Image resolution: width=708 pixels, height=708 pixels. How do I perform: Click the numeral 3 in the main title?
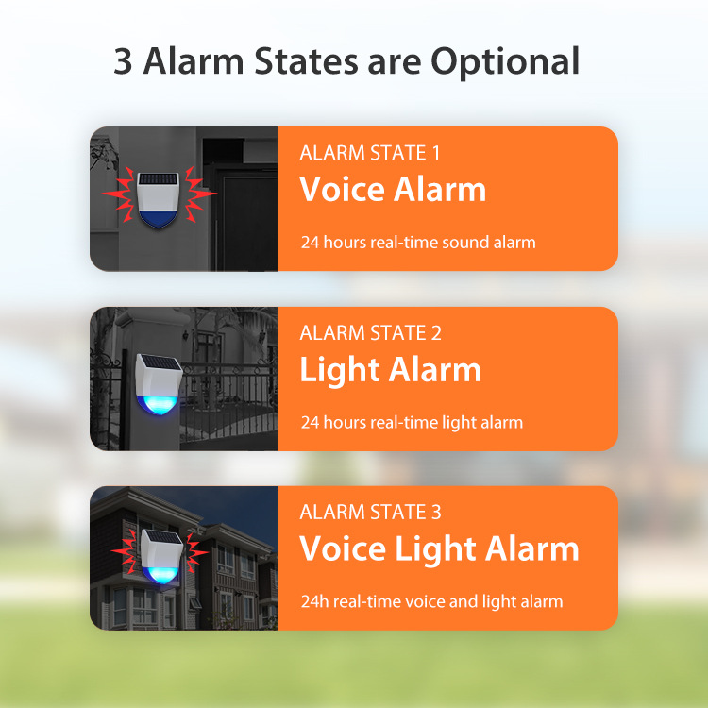point(123,61)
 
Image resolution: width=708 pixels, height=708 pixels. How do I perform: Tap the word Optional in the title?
point(505,62)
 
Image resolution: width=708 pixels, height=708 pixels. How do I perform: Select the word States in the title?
point(306,61)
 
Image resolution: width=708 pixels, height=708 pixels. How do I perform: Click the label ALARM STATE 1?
point(369,153)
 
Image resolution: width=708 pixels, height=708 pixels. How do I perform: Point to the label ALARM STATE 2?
point(370,333)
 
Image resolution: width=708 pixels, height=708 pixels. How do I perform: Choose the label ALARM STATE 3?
point(370,512)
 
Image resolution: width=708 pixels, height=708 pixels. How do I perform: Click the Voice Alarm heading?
point(393,189)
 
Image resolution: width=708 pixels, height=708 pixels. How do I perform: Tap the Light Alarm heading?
point(390,370)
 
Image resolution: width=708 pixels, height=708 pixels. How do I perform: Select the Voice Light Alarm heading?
point(439,549)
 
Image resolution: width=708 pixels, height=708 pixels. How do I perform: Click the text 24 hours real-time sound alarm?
point(418,243)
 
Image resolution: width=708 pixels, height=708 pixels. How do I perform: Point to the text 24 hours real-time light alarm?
point(412,423)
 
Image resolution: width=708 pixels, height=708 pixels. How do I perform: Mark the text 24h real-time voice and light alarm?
point(431,602)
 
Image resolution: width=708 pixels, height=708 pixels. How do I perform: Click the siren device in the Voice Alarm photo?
point(158,199)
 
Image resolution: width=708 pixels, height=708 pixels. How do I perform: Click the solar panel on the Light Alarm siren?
point(160,362)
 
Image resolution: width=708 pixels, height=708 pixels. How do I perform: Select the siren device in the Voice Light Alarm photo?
point(161,555)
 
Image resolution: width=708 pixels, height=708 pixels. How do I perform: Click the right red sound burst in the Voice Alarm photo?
point(198,194)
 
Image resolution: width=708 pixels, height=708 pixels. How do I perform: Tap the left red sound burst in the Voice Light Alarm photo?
point(126,552)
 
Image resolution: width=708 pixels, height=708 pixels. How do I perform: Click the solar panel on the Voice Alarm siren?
point(158,178)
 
